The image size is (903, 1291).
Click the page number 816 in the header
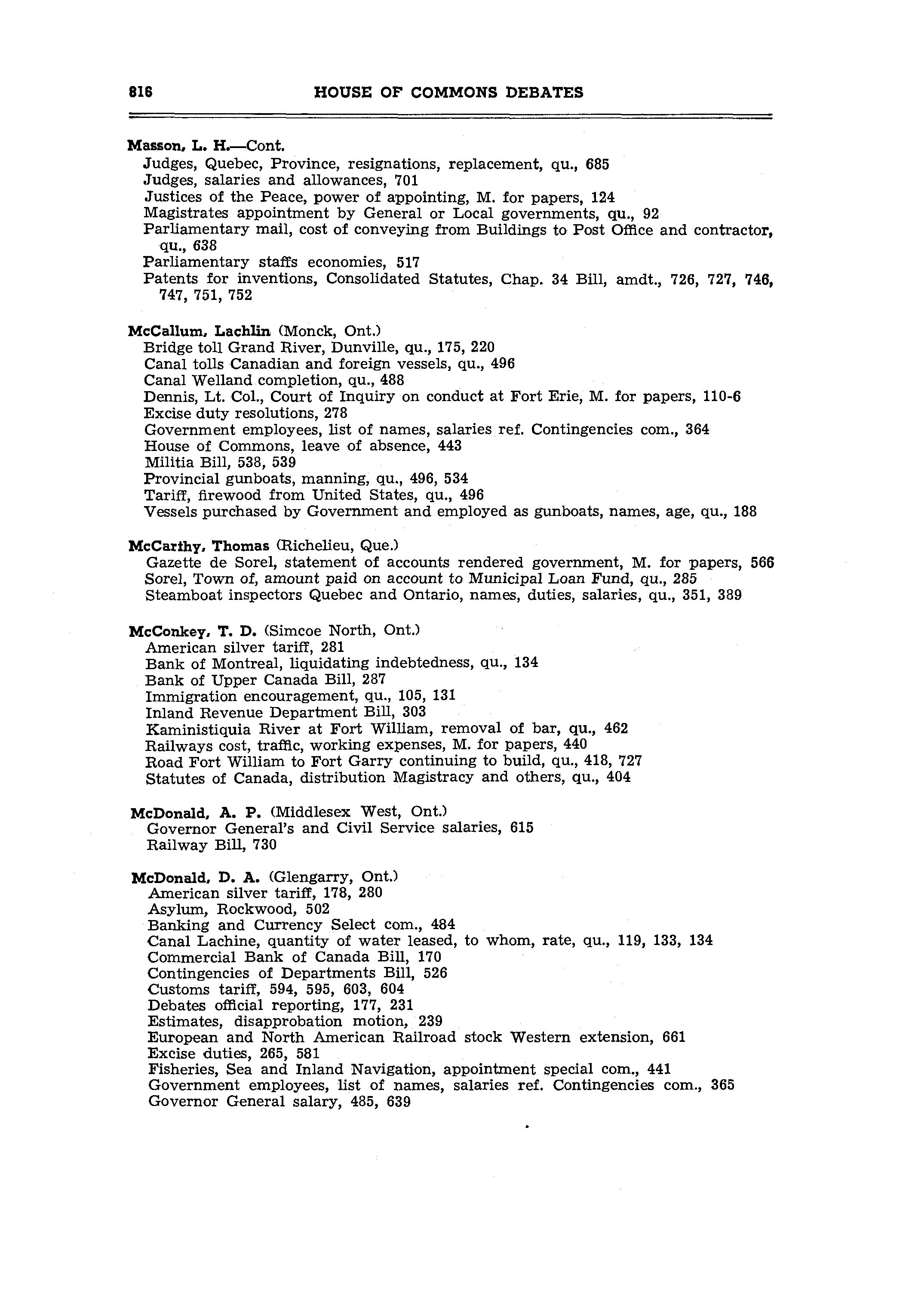tap(141, 92)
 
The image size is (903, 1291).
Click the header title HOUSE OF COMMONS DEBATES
tap(448, 92)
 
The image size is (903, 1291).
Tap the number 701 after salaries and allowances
tap(406, 180)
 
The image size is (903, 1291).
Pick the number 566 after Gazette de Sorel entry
tap(762, 562)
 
